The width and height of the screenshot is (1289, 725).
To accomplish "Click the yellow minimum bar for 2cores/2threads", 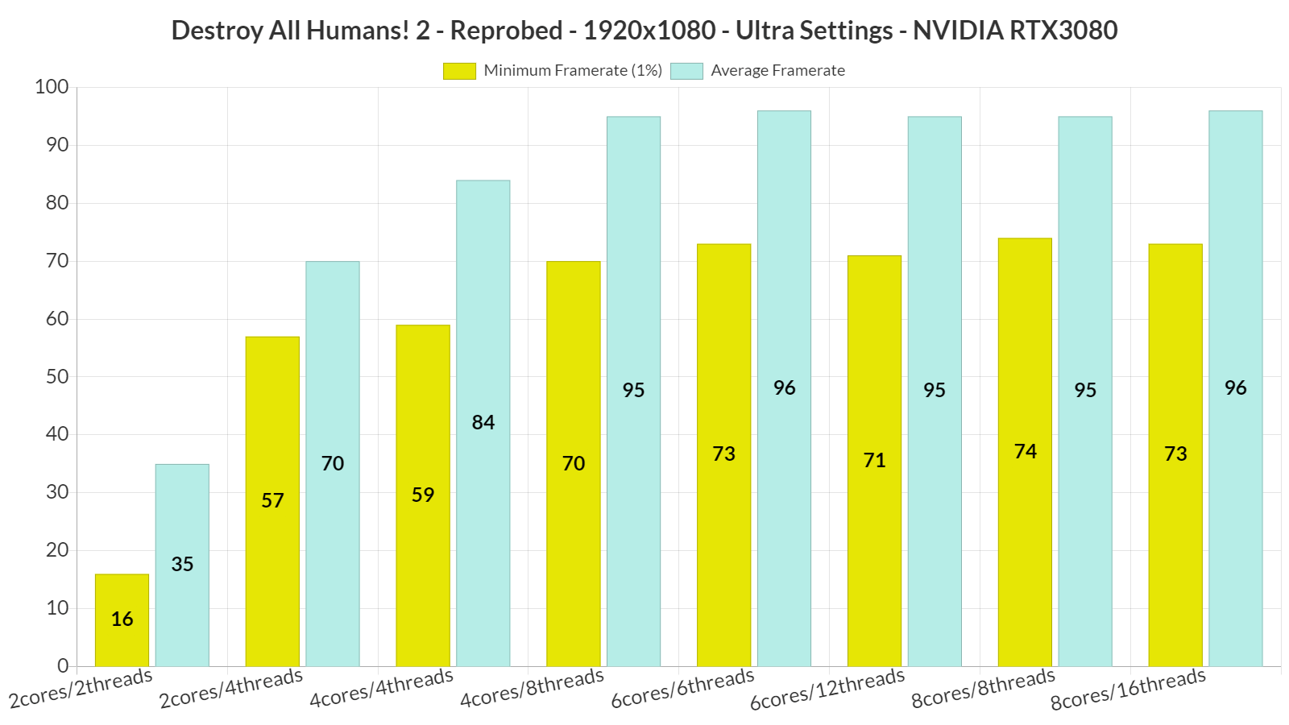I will click(122, 619).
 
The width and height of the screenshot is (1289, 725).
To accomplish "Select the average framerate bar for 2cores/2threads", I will click(182, 565).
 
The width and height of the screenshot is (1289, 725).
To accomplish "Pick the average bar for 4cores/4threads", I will click(483, 423).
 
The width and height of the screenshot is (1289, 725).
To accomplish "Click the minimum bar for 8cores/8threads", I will click(1025, 452).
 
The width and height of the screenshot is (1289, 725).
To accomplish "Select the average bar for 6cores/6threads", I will click(784, 388).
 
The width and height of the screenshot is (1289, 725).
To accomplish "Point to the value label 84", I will click(483, 422).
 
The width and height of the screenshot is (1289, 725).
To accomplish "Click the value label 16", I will click(122, 619).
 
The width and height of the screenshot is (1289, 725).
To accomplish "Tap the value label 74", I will click(1025, 451).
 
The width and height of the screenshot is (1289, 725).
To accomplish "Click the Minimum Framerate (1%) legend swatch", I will click(459, 71).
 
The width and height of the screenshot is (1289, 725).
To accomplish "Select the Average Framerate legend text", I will click(777, 71).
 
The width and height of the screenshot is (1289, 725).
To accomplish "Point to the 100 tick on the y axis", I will click(52, 87).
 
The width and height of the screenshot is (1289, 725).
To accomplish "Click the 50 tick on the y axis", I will click(56, 376).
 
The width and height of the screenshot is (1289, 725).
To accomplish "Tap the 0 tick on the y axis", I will click(63, 666).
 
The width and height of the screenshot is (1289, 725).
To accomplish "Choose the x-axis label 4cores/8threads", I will click(532, 688).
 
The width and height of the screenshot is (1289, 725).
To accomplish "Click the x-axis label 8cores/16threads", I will click(1128, 690).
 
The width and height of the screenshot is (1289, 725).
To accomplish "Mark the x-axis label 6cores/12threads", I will click(827, 690).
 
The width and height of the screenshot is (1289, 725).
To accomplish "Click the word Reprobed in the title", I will click(506, 31).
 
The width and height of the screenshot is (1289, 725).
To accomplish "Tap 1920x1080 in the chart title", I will click(649, 31).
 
